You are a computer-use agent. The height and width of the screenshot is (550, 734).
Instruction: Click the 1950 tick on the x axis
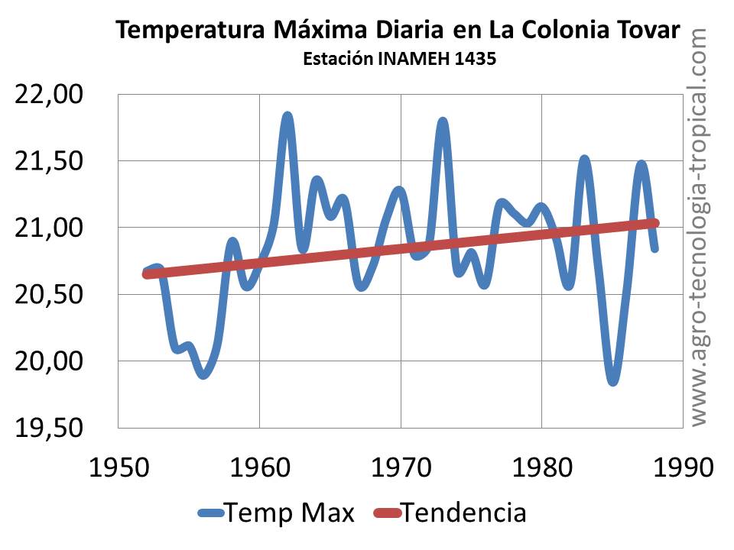119,464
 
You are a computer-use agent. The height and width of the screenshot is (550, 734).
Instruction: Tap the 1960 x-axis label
259,464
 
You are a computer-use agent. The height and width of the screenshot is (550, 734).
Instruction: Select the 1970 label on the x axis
400,464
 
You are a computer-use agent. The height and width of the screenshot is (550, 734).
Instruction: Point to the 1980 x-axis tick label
541,464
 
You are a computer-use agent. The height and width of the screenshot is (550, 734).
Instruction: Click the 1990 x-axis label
680,464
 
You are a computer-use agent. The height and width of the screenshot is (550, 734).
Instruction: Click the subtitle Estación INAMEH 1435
400,59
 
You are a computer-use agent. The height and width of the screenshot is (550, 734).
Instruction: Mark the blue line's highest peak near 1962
287,116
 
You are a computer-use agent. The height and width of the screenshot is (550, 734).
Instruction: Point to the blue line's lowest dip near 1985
613,381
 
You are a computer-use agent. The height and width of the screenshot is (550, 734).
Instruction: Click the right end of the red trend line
654,223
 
